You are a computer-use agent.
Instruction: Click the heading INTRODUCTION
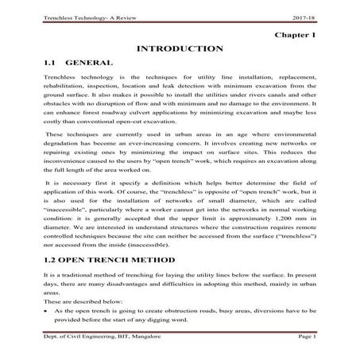180,49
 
